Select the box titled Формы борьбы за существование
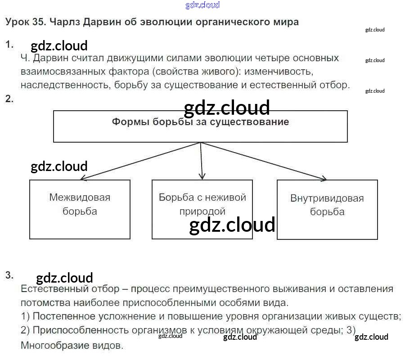coord(200,127)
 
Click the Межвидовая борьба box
coord(80,209)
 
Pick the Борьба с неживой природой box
coord(202,209)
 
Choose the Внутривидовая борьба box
coord(327,210)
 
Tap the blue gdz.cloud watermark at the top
coord(202,5)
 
